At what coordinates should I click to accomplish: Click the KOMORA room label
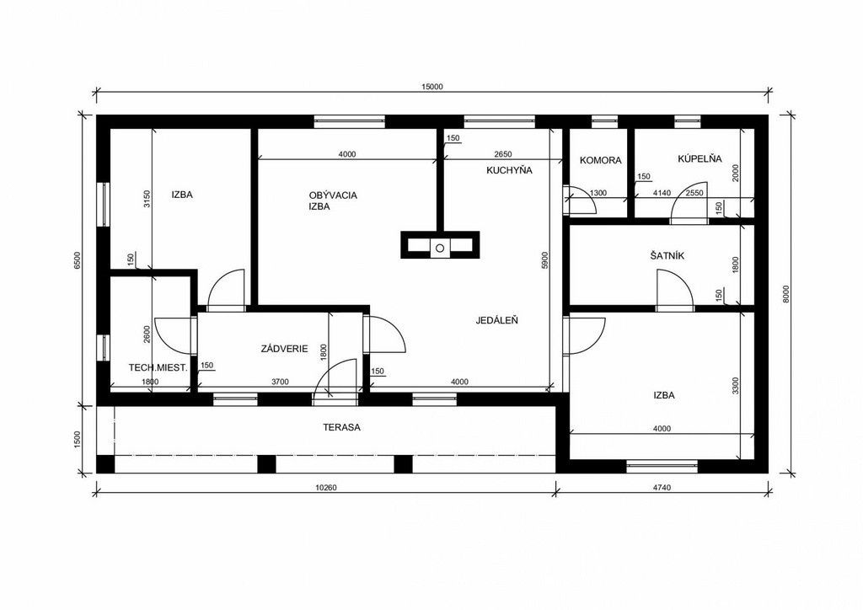coord(600,160)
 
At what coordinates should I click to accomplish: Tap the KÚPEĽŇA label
coord(699,159)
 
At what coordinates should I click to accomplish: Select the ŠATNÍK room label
coord(667,256)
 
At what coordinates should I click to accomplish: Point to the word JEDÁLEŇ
coord(497,320)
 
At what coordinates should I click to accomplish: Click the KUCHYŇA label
coord(509,170)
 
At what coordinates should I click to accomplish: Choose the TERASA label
coord(342,427)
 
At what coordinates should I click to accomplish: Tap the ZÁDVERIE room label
coord(285,349)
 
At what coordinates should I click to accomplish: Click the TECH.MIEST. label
coord(158,367)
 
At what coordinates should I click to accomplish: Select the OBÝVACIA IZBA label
coord(332,201)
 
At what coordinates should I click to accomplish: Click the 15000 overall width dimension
coord(431,86)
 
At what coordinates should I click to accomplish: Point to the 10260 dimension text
coord(326,487)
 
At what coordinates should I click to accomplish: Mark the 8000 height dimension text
coord(786,294)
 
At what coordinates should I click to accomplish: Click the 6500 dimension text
coord(78,260)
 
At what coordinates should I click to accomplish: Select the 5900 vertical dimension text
coord(545,260)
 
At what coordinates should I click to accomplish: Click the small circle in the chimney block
coord(440,248)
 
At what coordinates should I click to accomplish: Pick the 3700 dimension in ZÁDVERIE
coord(280,382)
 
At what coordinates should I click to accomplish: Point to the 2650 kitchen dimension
coord(503,154)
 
